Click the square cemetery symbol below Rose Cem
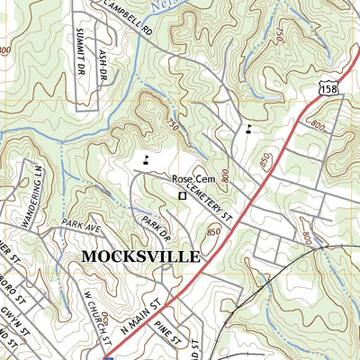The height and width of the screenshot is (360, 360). click(x=182, y=193)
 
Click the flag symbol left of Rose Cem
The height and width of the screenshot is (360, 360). click(x=146, y=161)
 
